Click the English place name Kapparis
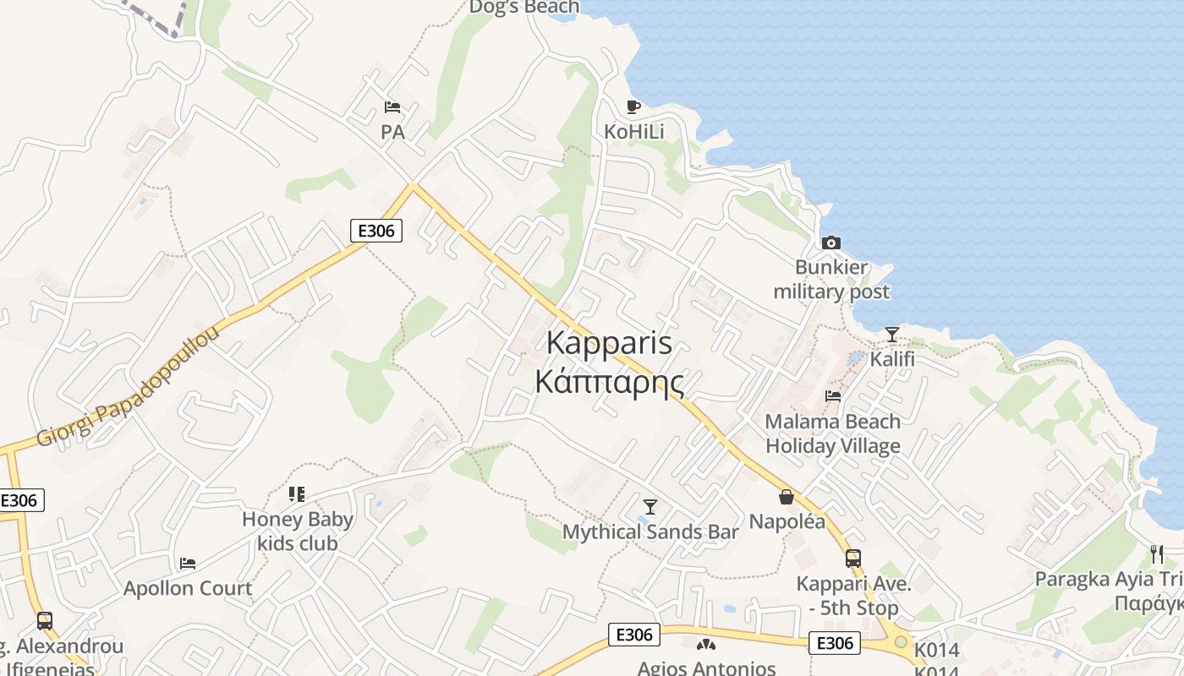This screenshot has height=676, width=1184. tap(609, 342)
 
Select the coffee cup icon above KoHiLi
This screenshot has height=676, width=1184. tap(633, 106)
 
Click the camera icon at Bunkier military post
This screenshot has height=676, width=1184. tap(831, 243)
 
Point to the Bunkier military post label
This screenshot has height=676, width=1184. tap(831, 280)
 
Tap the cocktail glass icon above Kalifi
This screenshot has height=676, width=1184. tap(892, 335)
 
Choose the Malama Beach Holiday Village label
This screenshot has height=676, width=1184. tap(833, 433)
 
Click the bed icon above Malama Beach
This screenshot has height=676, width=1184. tap(833, 395)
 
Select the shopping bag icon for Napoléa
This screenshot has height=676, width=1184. tap(787, 496)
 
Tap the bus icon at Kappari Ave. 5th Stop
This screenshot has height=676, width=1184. tap(853, 558)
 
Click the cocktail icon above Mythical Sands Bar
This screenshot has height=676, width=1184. tap(650, 506)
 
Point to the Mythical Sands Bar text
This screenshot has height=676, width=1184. tap(650, 532)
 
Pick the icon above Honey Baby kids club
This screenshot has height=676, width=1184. tap(296, 493)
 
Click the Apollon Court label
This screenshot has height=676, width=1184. tap(188, 588)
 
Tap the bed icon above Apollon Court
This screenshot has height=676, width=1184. tap(188, 563)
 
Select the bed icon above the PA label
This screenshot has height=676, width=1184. tap(392, 107)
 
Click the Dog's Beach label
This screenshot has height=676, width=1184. tap(524, 8)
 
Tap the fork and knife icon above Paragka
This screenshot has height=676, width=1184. tap(1157, 554)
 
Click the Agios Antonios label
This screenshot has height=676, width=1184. tap(706, 668)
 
